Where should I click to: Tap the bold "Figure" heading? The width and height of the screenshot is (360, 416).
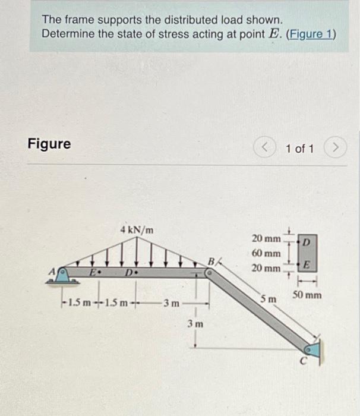tap(49, 144)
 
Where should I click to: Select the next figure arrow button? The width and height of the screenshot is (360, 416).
tap(336, 147)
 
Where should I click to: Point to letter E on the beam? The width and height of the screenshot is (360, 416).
tap(93, 273)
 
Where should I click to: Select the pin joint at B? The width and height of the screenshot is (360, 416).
tap(209, 273)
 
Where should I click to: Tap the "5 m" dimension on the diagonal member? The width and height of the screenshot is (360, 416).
tap(269, 297)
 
